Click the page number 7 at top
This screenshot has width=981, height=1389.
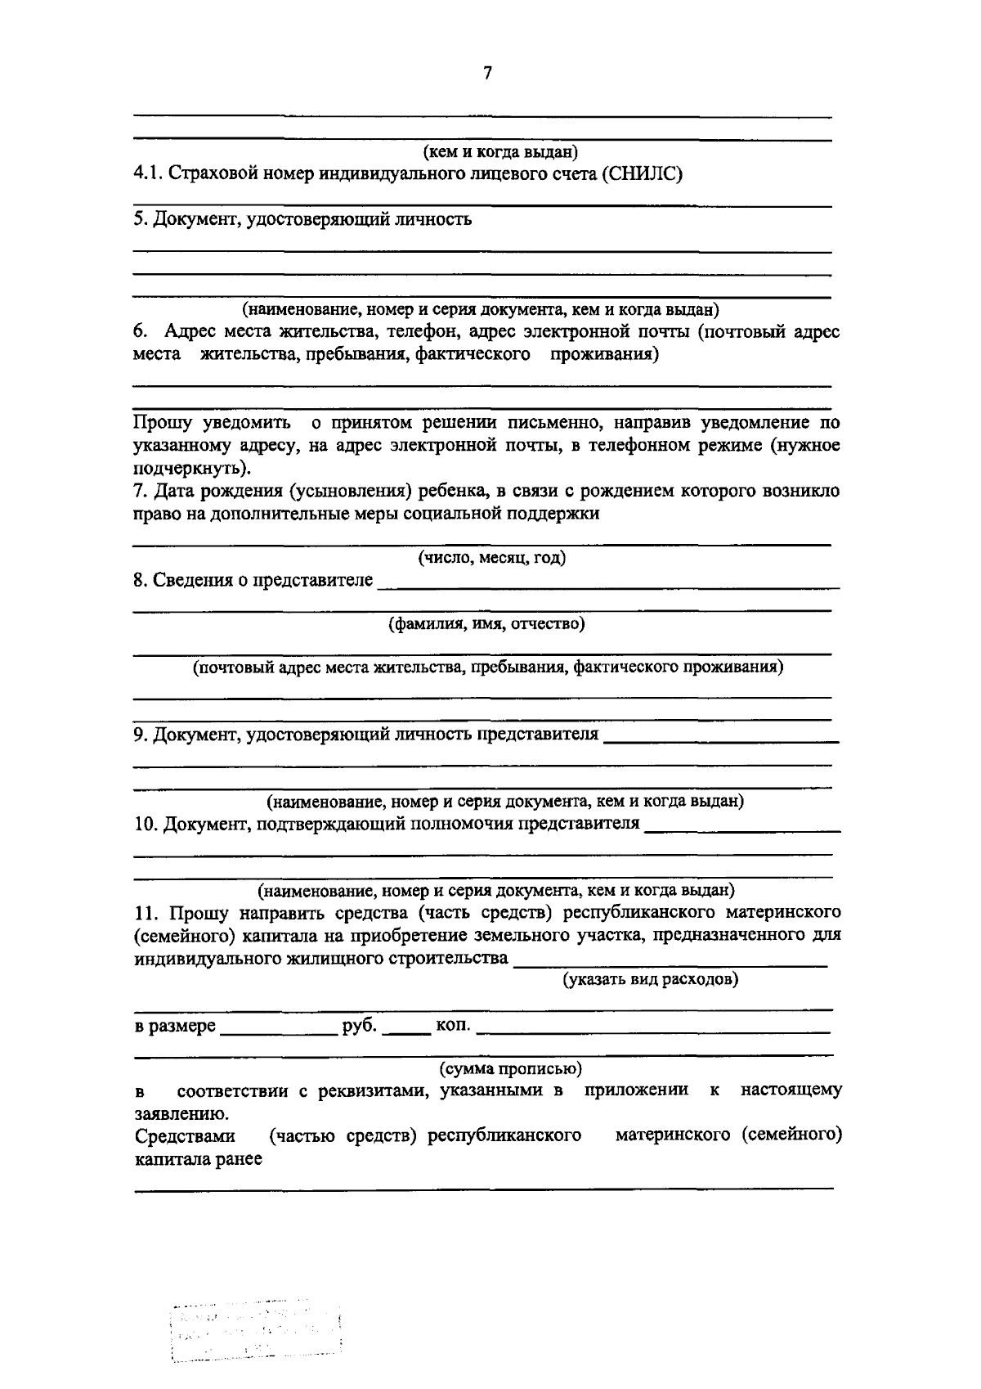point(488,74)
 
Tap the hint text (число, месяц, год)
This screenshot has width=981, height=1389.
point(492,558)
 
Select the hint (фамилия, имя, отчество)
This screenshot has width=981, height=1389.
point(486,624)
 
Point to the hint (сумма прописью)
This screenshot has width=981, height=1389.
point(511,1069)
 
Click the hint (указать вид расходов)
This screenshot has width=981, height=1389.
point(650,979)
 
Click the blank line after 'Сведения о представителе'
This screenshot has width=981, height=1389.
point(608,582)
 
